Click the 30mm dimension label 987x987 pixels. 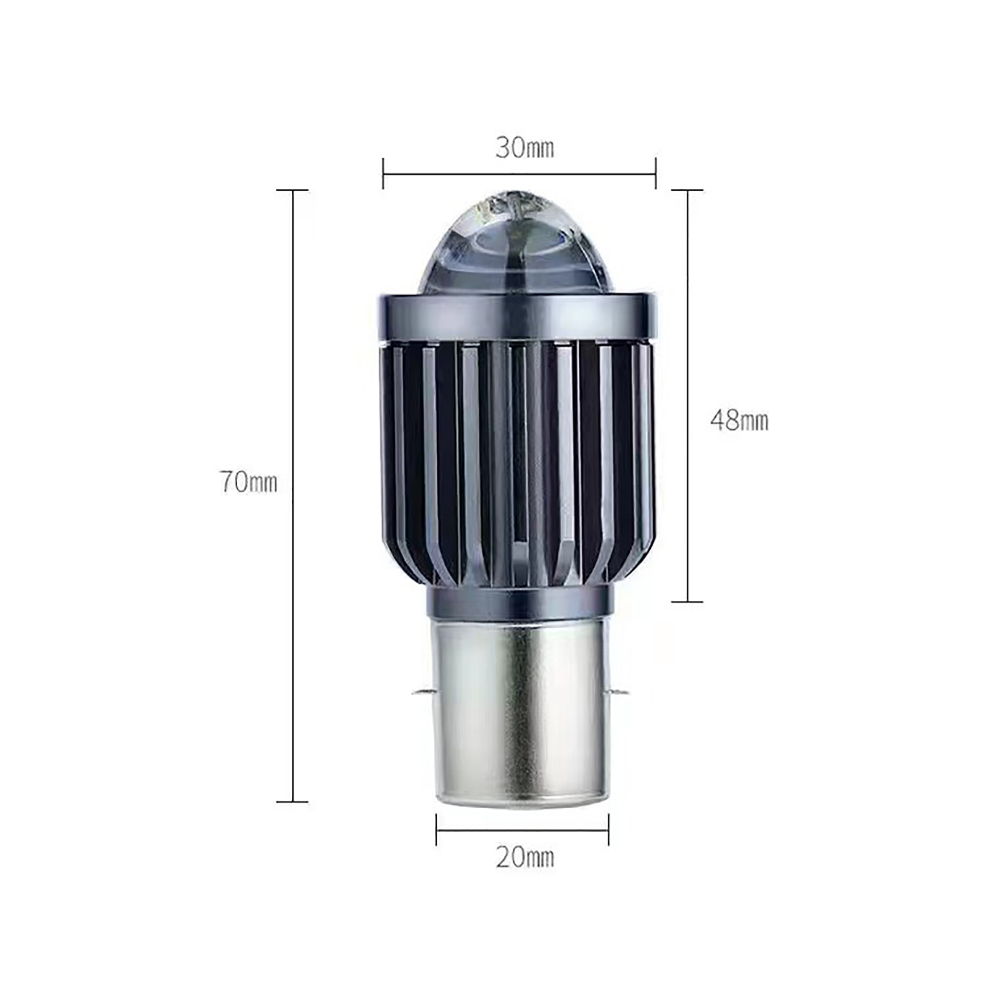tap(525, 149)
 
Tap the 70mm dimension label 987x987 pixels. tap(249, 482)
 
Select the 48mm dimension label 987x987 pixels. tap(739, 421)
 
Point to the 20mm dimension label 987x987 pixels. tap(525, 857)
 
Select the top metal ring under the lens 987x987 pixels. tap(519, 318)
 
